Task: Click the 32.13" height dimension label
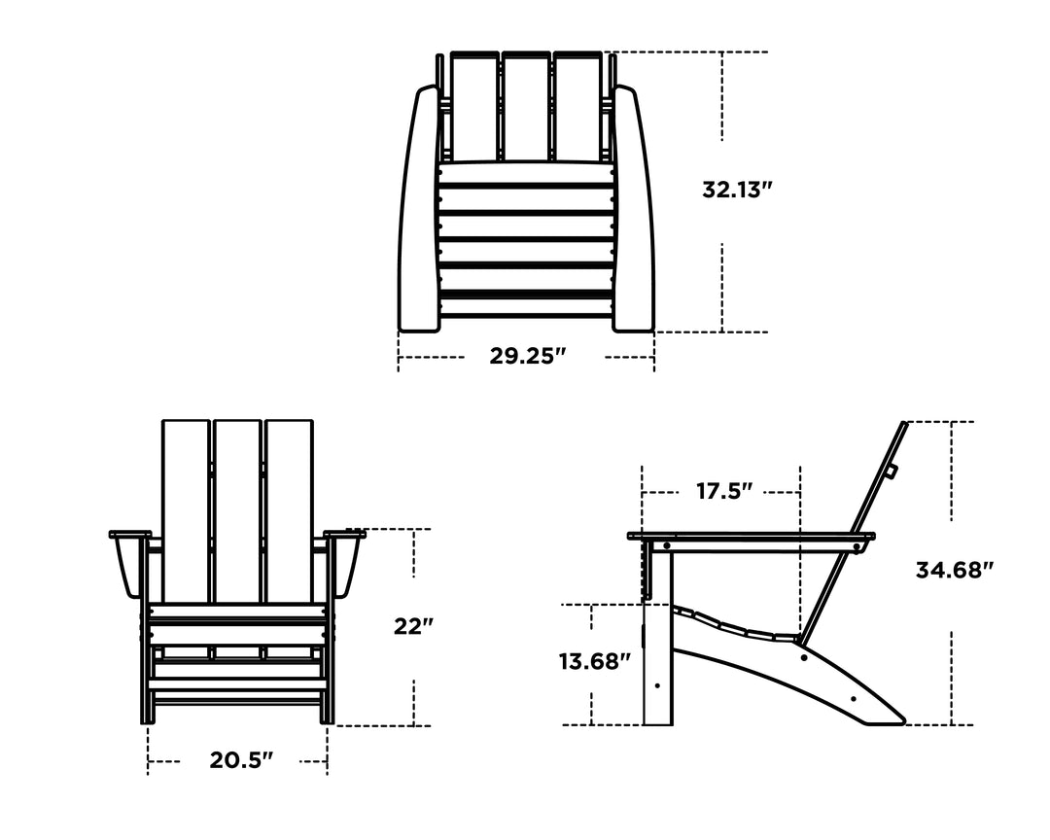click(x=737, y=190)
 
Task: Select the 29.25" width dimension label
click(x=527, y=357)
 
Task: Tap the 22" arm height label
click(x=413, y=627)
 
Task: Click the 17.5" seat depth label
click(x=725, y=492)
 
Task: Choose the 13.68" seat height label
click(x=595, y=662)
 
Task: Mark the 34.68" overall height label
click(x=954, y=571)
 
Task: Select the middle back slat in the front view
click(x=237, y=510)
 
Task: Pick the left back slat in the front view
click(x=186, y=510)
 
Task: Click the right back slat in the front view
click(x=289, y=510)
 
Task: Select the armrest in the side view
click(x=749, y=536)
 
